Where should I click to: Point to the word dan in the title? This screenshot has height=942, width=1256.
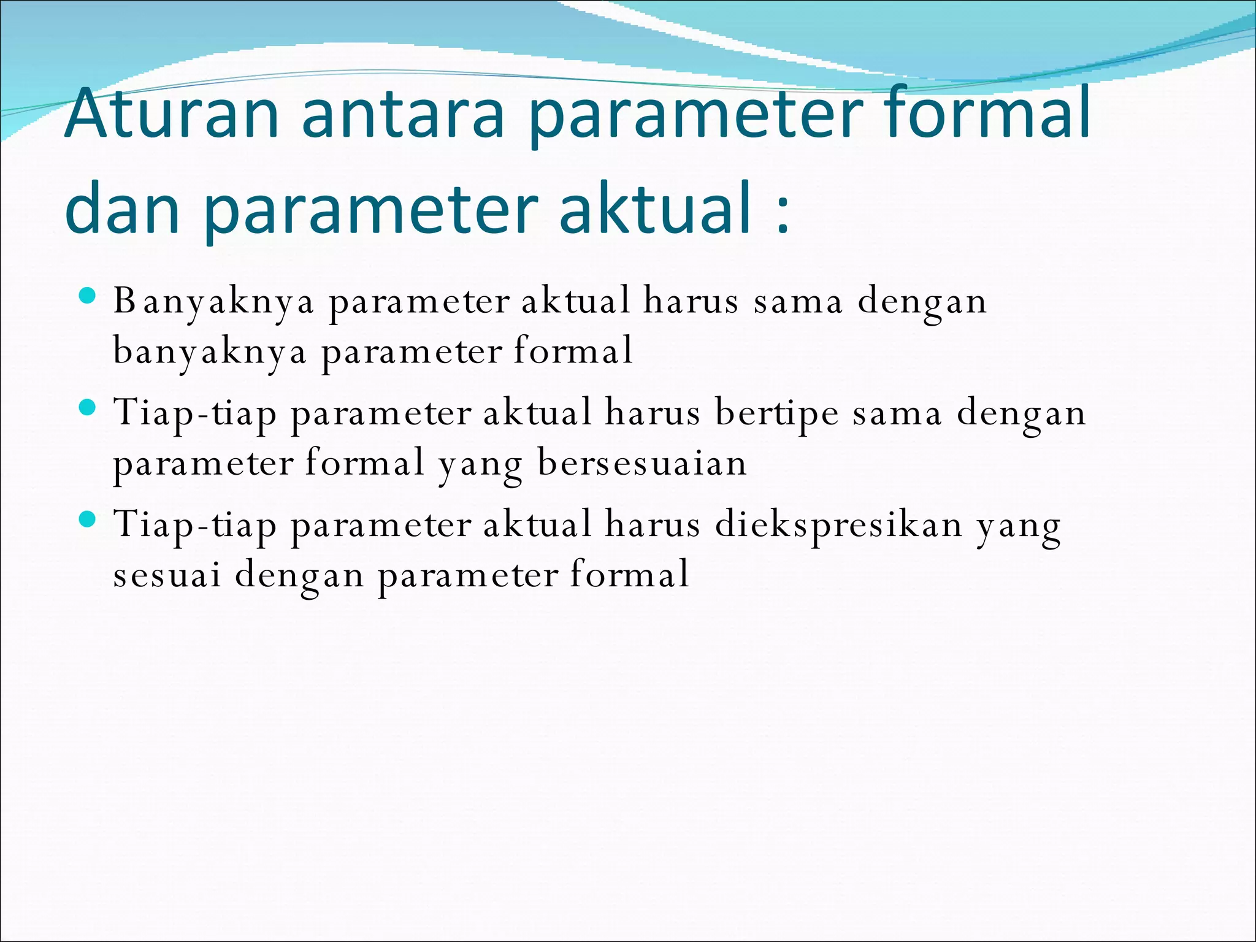122,209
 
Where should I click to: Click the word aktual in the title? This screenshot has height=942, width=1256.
655,209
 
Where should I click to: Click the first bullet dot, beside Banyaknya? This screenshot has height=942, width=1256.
88,296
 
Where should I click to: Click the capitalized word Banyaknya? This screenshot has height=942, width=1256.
213,302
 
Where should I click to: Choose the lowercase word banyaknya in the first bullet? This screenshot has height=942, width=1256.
210,352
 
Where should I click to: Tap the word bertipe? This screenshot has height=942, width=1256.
776,413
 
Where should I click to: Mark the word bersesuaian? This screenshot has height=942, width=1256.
642,463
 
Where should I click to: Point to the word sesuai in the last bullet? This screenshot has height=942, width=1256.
166,575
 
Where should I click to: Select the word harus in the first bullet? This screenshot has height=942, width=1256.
690,302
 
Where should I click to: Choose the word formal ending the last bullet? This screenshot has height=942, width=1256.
629,575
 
